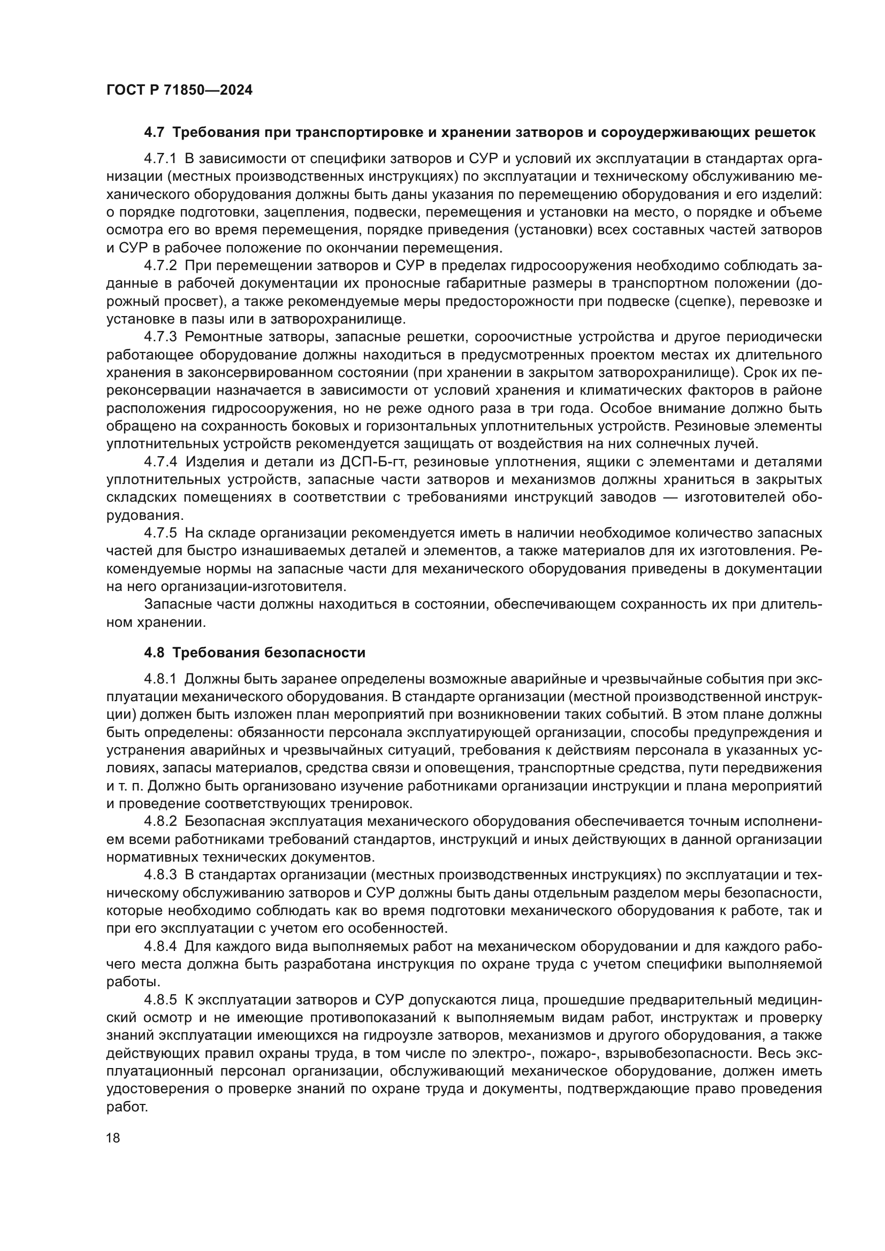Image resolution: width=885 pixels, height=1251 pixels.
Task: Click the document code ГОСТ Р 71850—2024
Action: click(179, 90)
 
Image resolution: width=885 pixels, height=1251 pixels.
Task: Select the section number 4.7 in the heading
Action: click(154, 133)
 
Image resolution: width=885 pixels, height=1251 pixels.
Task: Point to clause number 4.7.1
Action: click(160, 158)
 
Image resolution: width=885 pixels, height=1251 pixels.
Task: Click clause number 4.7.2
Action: click(160, 266)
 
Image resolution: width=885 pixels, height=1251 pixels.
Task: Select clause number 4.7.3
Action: click(160, 337)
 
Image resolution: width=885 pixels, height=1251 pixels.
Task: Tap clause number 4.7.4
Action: click(160, 462)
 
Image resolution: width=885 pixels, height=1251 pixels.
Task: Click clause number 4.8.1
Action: click(160, 679)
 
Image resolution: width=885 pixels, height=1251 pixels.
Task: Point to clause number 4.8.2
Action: click(160, 821)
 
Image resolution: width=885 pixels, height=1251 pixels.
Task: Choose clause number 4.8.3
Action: click(160, 874)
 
